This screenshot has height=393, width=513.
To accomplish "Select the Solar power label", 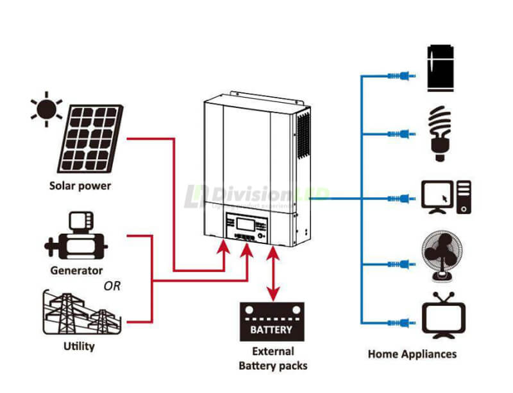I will pos(80,186).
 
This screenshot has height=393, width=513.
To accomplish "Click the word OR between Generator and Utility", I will pos(112,285).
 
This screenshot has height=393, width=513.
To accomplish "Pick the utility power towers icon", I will pos(80,313).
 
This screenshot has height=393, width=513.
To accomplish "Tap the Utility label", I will pos(80,347).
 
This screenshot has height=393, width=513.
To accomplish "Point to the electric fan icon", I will pos(441,257).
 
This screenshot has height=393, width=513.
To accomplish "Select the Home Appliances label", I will pos(412,354).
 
